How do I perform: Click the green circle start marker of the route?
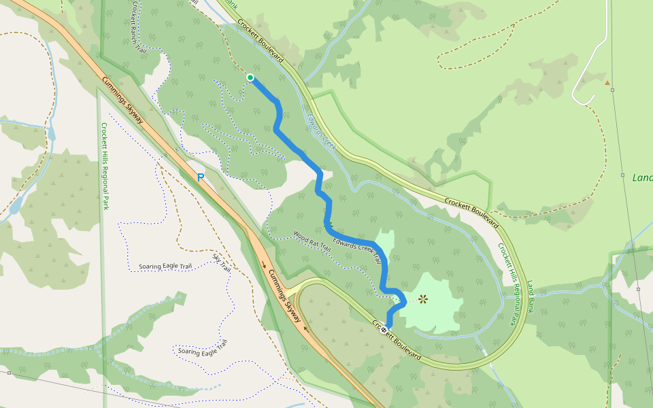pos(250,78)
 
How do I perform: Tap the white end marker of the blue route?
pos(384,330)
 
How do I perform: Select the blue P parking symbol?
pos(201,177)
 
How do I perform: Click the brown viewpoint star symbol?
pos(423,299)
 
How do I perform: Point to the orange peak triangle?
pos(607,83)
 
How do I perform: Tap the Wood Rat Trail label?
pos(312,242)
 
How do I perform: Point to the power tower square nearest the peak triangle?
pos(612,90)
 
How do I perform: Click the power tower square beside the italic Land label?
pos(622,175)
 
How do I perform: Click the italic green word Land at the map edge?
pos(641,177)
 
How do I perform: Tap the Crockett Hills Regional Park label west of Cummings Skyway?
pos(105,166)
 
